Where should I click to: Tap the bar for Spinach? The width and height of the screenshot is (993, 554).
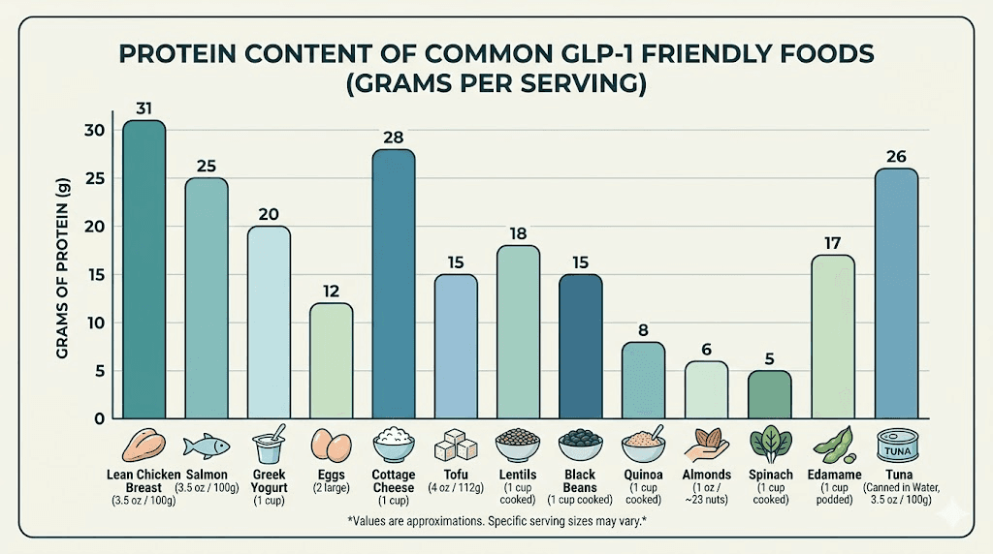coord(769,394)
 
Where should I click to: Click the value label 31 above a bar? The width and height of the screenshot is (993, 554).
coord(144,108)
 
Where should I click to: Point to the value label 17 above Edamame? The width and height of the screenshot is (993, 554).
coord(832,242)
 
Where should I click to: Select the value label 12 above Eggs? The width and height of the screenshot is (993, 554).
coord(332,291)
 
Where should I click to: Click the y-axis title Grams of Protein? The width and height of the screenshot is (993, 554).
coord(63,275)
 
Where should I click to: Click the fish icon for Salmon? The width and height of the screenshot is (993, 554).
coord(207,445)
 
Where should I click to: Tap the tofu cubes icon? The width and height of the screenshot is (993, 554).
coord(457,446)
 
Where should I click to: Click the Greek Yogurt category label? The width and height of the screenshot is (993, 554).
coord(270,480)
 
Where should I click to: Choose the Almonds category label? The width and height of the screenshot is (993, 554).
coord(707,475)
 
